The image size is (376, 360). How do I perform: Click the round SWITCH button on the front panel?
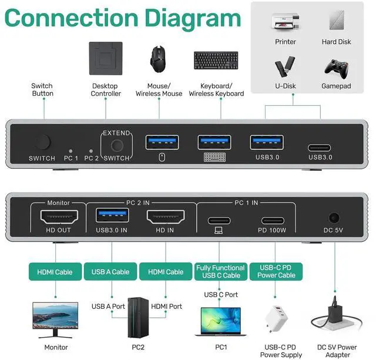(x=42, y=142)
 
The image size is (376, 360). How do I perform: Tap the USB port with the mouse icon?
(x=162, y=142)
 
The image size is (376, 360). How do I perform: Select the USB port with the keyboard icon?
(x=214, y=142)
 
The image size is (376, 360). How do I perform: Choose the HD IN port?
(x=165, y=216)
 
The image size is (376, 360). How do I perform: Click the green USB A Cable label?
(x=110, y=272)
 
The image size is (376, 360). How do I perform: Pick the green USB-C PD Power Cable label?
(x=274, y=271)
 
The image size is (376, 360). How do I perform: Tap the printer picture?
(x=286, y=22)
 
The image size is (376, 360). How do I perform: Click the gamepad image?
(x=337, y=67)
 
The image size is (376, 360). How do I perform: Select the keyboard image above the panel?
(x=216, y=61)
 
